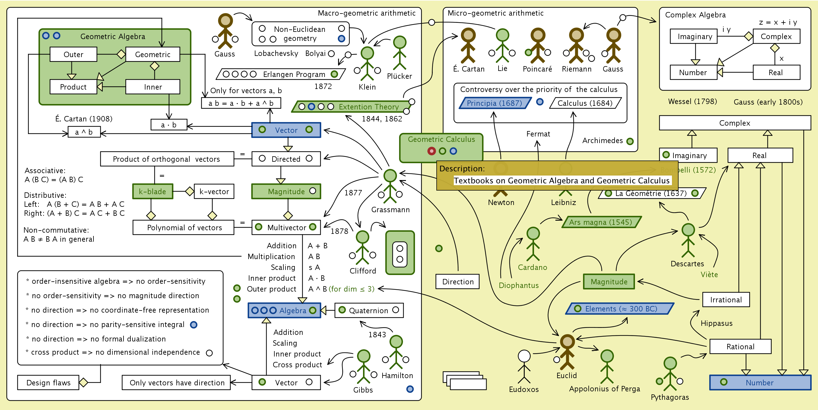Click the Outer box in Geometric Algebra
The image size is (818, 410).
(x=73, y=54)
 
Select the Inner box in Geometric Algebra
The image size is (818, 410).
(x=153, y=87)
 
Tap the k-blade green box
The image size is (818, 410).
(x=153, y=191)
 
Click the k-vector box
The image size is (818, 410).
(x=214, y=191)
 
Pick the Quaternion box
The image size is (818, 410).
(x=369, y=310)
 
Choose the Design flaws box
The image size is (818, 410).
(x=48, y=382)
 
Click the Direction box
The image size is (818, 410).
(x=458, y=282)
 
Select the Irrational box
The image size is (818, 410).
(x=726, y=299)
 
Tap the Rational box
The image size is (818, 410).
(x=740, y=347)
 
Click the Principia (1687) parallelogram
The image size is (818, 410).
(x=494, y=103)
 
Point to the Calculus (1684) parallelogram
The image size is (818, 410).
(x=585, y=103)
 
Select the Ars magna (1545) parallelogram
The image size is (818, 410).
(x=600, y=222)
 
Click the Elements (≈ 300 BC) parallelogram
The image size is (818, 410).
(x=620, y=308)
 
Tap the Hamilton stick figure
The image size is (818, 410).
(x=396, y=353)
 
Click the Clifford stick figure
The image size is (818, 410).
(x=362, y=248)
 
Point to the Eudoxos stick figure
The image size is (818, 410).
(x=524, y=367)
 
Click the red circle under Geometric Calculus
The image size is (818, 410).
(x=431, y=151)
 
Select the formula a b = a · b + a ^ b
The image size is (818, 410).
(x=241, y=103)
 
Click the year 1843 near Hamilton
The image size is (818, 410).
(x=377, y=335)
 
